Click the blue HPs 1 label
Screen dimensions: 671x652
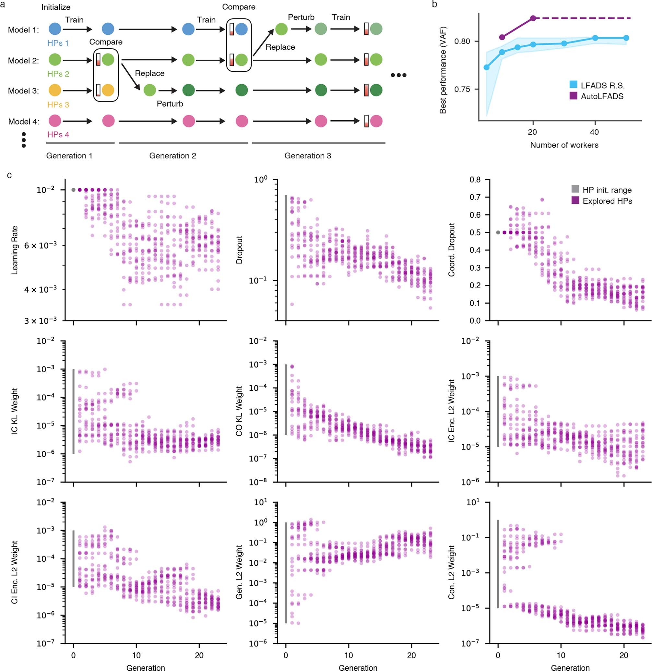tap(58, 43)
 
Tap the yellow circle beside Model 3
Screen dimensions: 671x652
tap(55, 90)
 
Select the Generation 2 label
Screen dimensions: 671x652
tap(172, 156)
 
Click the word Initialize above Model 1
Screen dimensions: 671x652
tap(56, 7)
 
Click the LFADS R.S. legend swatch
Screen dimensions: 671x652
tap(573, 85)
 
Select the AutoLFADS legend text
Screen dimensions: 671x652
tap(602, 96)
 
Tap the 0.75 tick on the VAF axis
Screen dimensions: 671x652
tap(462, 90)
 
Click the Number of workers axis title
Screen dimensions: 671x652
tap(564, 145)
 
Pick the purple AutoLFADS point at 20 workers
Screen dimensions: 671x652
tap(533, 18)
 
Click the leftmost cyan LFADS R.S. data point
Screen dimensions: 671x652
tap(486, 67)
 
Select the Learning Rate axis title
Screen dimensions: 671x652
tap(15, 250)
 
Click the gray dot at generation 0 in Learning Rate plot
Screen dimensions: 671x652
tap(73, 190)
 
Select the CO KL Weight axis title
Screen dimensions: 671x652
tap(239, 411)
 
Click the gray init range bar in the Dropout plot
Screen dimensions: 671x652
tap(286, 257)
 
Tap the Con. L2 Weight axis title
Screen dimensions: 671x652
tap(451, 572)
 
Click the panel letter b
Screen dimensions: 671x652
tap(434, 5)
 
